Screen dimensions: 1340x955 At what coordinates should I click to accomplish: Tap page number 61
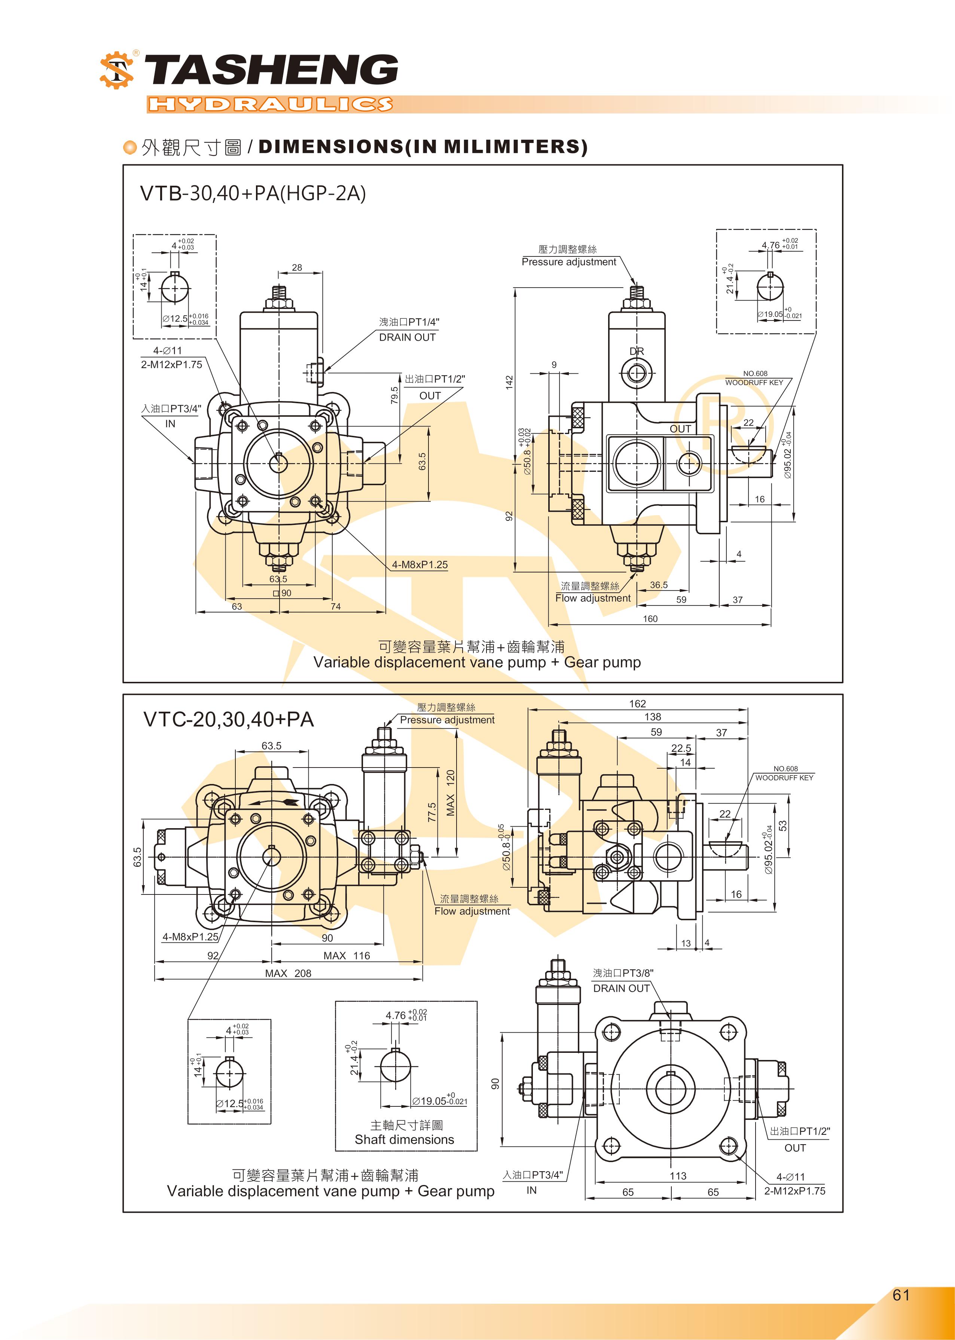point(900,1295)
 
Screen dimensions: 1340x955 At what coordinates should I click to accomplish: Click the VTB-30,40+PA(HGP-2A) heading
point(253,193)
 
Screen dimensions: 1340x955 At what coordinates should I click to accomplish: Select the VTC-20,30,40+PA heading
point(229,719)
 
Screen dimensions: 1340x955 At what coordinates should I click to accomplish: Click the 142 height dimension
point(509,382)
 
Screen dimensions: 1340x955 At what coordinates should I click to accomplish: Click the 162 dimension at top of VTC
point(637,704)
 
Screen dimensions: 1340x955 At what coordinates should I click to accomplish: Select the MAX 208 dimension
point(288,973)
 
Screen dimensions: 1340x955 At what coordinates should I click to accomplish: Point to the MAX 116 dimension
point(347,955)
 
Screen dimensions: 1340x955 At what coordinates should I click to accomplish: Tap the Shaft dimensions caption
point(405,1139)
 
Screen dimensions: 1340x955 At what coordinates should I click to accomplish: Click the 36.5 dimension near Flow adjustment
point(659,585)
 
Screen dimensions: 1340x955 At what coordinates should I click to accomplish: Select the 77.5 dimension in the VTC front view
point(432,812)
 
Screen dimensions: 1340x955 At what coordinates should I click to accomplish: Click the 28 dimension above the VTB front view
point(297,268)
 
